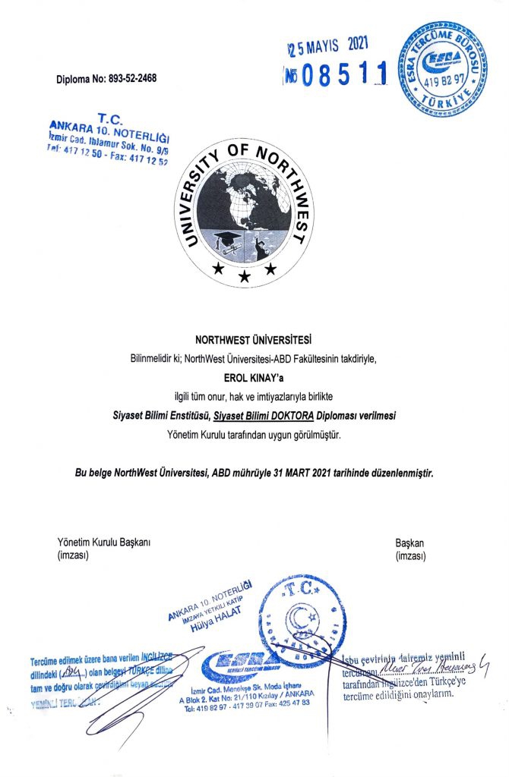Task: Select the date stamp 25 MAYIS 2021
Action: [331, 47]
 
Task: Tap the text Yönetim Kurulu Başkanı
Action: [105, 543]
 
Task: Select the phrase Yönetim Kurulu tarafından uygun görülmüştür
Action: [254, 435]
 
